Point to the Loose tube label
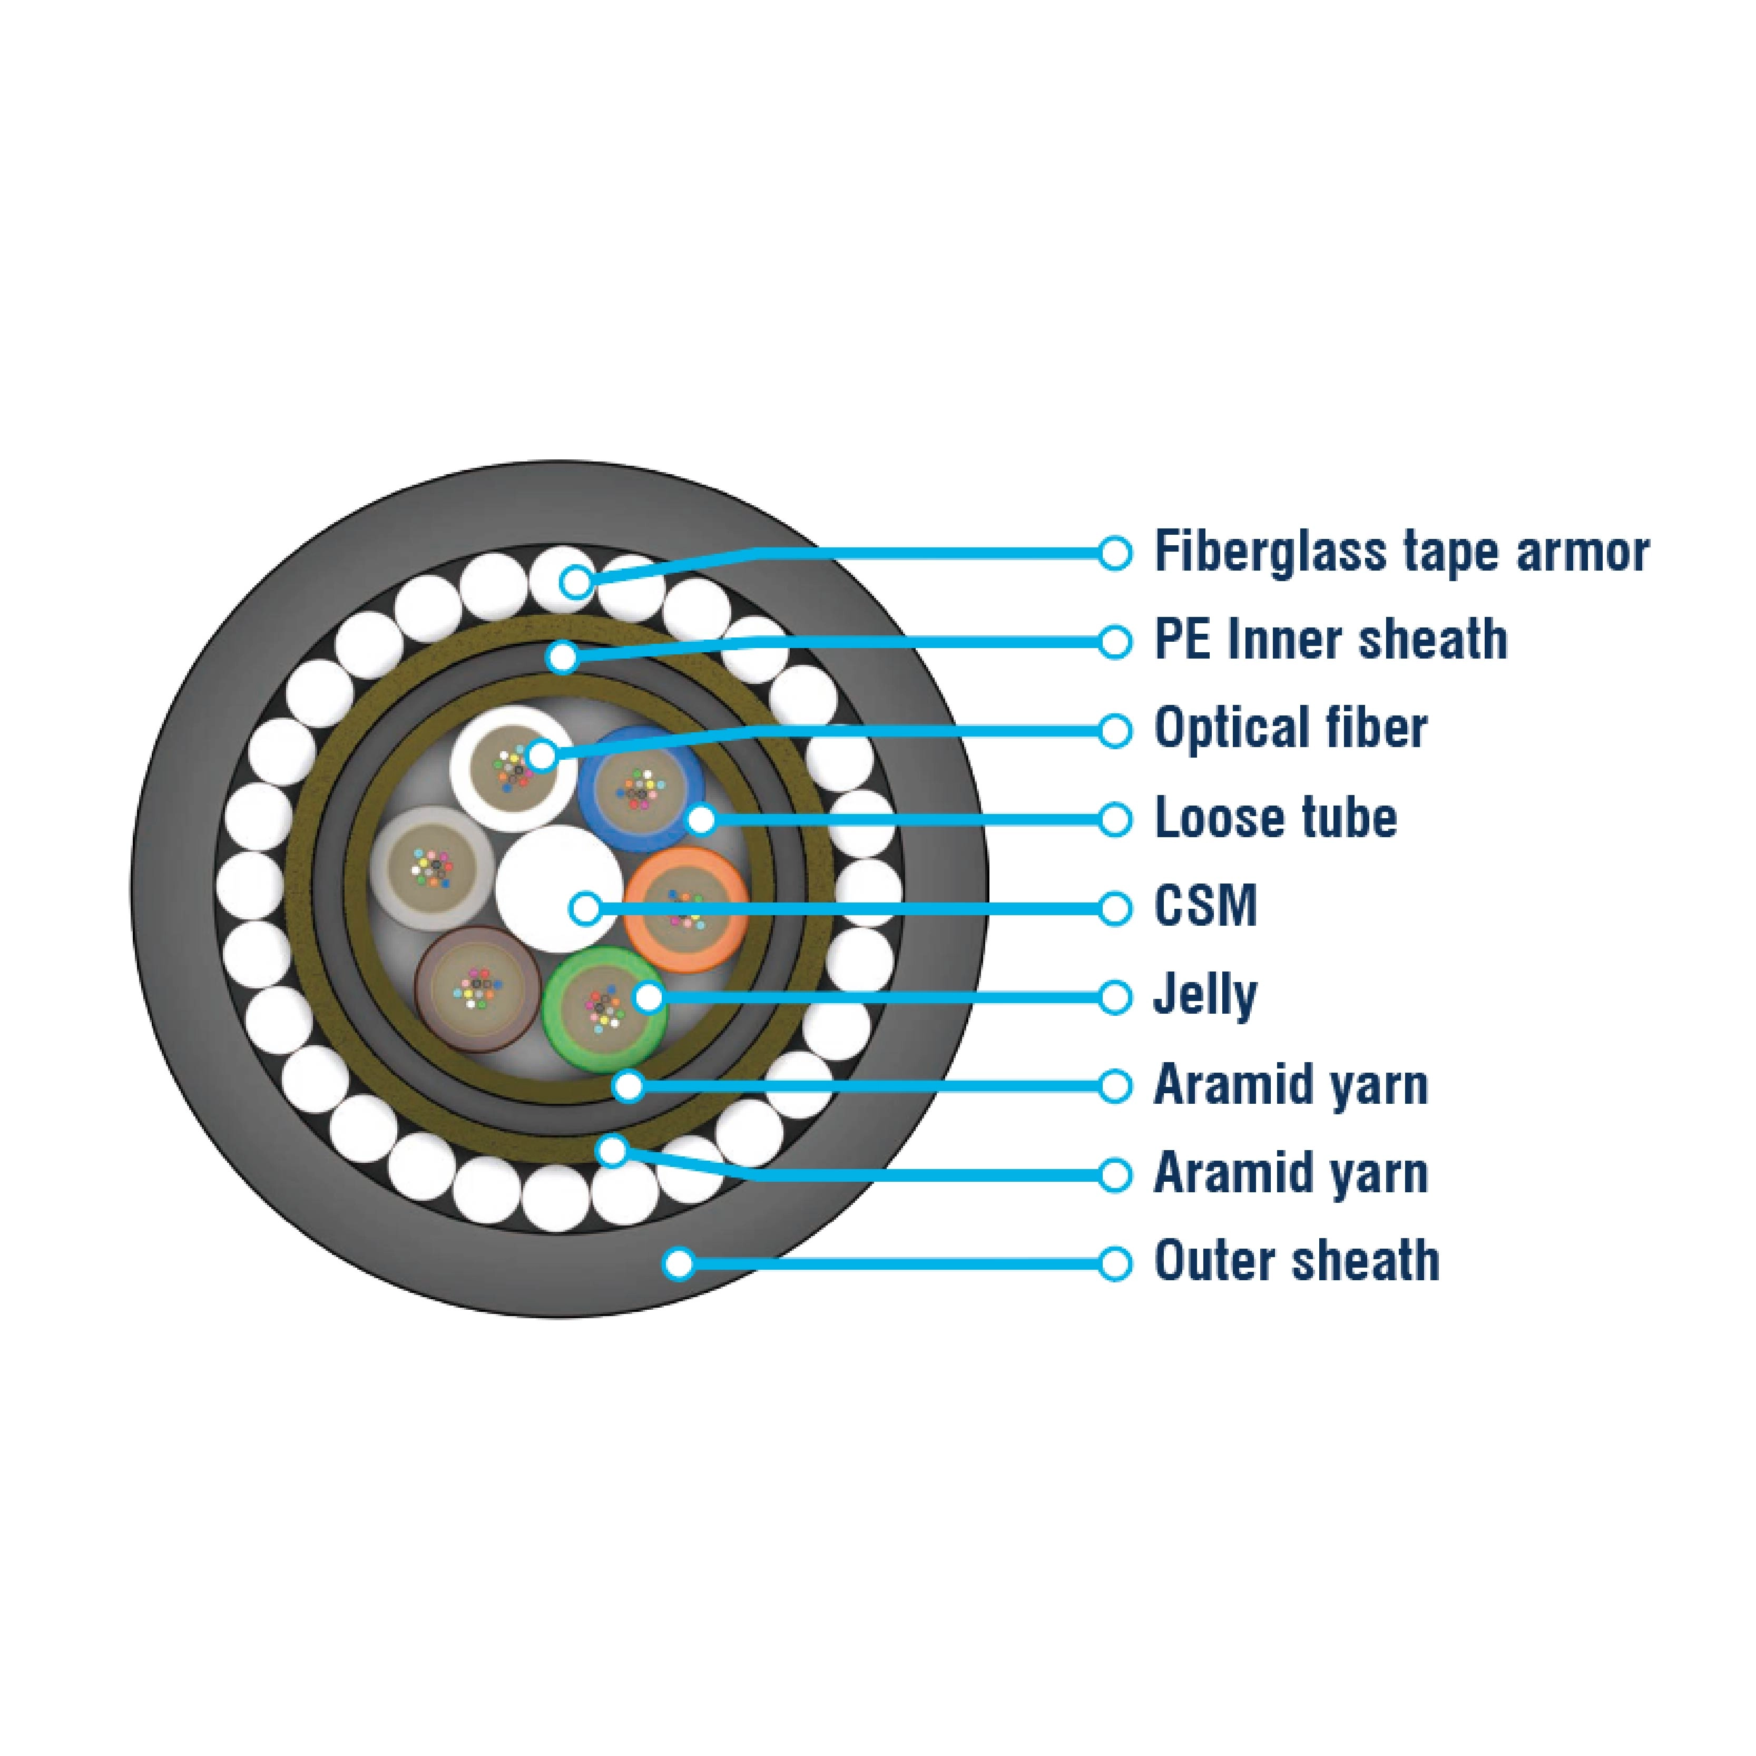(x=1275, y=818)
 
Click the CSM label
(x=1205, y=907)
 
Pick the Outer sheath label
(x=1296, y=1262)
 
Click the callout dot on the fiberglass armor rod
(x=575, y=582)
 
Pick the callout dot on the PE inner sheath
(x=564, y=656)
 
